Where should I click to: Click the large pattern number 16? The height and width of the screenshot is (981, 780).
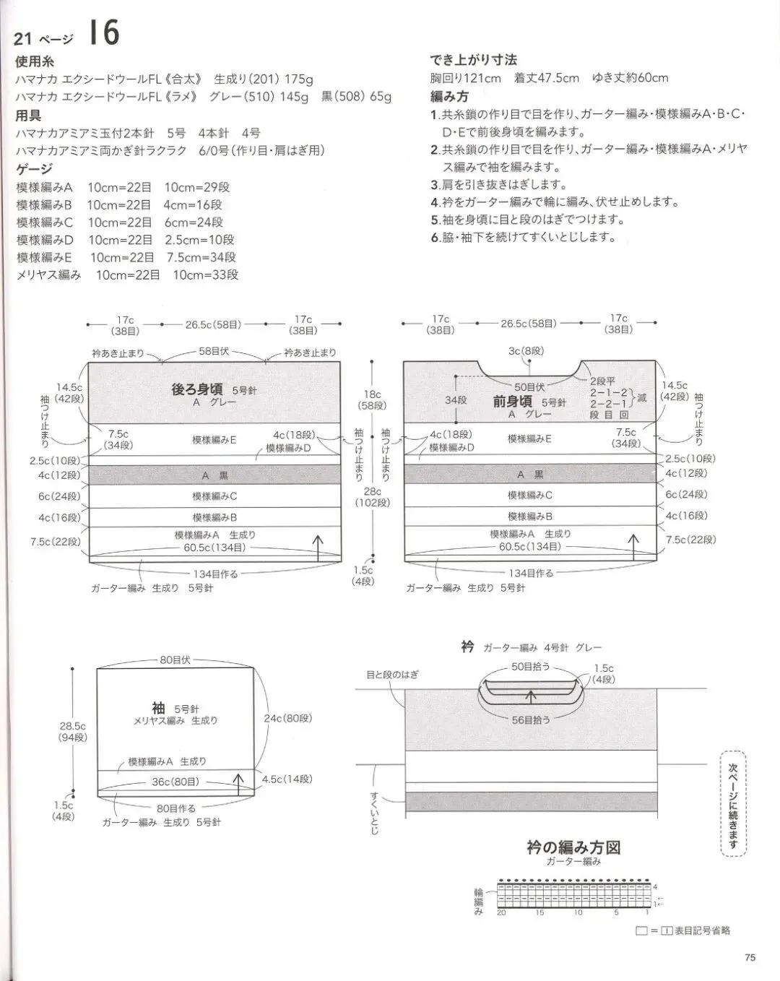[104, 33]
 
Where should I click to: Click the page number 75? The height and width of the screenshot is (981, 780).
[749, 957]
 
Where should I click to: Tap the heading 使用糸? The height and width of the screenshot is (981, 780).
[35, 62]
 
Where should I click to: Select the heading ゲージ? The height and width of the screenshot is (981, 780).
[35, 169]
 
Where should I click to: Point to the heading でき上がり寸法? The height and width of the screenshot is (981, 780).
[473, 60]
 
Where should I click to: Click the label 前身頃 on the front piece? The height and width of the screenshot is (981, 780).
[512, 402]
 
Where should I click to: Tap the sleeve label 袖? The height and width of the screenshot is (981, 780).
[158, 708]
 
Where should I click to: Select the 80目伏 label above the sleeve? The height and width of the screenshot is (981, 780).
[175, 660]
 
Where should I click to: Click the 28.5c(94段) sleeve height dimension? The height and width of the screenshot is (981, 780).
[73, 732]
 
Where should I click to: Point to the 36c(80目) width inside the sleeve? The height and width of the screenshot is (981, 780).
[175, 782]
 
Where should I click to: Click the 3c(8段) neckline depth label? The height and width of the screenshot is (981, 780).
[526, 351]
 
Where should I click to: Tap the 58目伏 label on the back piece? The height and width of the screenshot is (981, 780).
[214, 351]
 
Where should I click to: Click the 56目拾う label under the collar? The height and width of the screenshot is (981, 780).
[531, 719]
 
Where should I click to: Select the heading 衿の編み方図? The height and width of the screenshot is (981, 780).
[573, 847]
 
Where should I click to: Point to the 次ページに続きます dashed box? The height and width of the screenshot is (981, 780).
[733, 803]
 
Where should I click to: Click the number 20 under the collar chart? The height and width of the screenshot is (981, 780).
[501, 913]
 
